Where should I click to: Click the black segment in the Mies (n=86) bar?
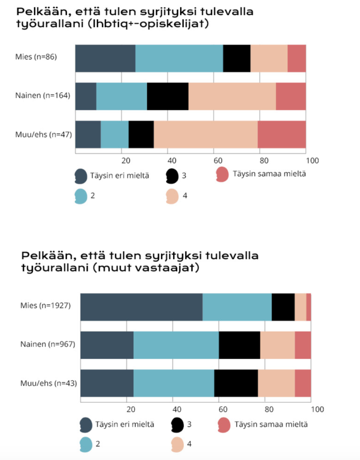pyautogui.click(x=237, y=59)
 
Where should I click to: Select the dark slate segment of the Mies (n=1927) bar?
pyautogui.click(x=141, y=307)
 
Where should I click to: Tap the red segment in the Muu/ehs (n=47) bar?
pyautogui.click(x=282, y=134)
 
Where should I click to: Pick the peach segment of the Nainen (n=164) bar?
pyautogui.click(x=232, y=96)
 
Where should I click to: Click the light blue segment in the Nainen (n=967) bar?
pyautogui.click(x=176, y=345)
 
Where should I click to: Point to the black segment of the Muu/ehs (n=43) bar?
pyautogui.click(x=236, y=383)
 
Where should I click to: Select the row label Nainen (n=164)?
pyautogui.click(x=43, y=96)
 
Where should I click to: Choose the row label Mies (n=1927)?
pyautogui.click(x=45, y=306)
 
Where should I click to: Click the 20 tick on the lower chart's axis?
pyautogui.click(x=131, y=409)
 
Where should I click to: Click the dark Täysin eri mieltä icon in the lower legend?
pyautogui.click(x=86, y=425)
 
